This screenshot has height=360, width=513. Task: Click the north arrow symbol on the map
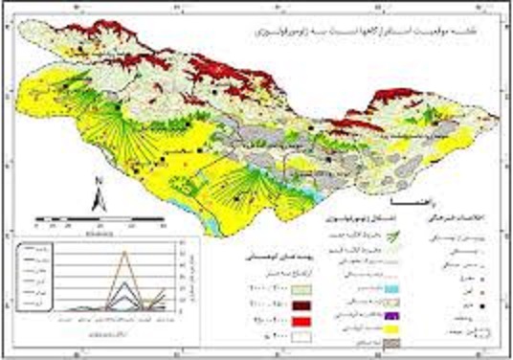point(98,200)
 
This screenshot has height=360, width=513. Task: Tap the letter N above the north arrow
point(98,181)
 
